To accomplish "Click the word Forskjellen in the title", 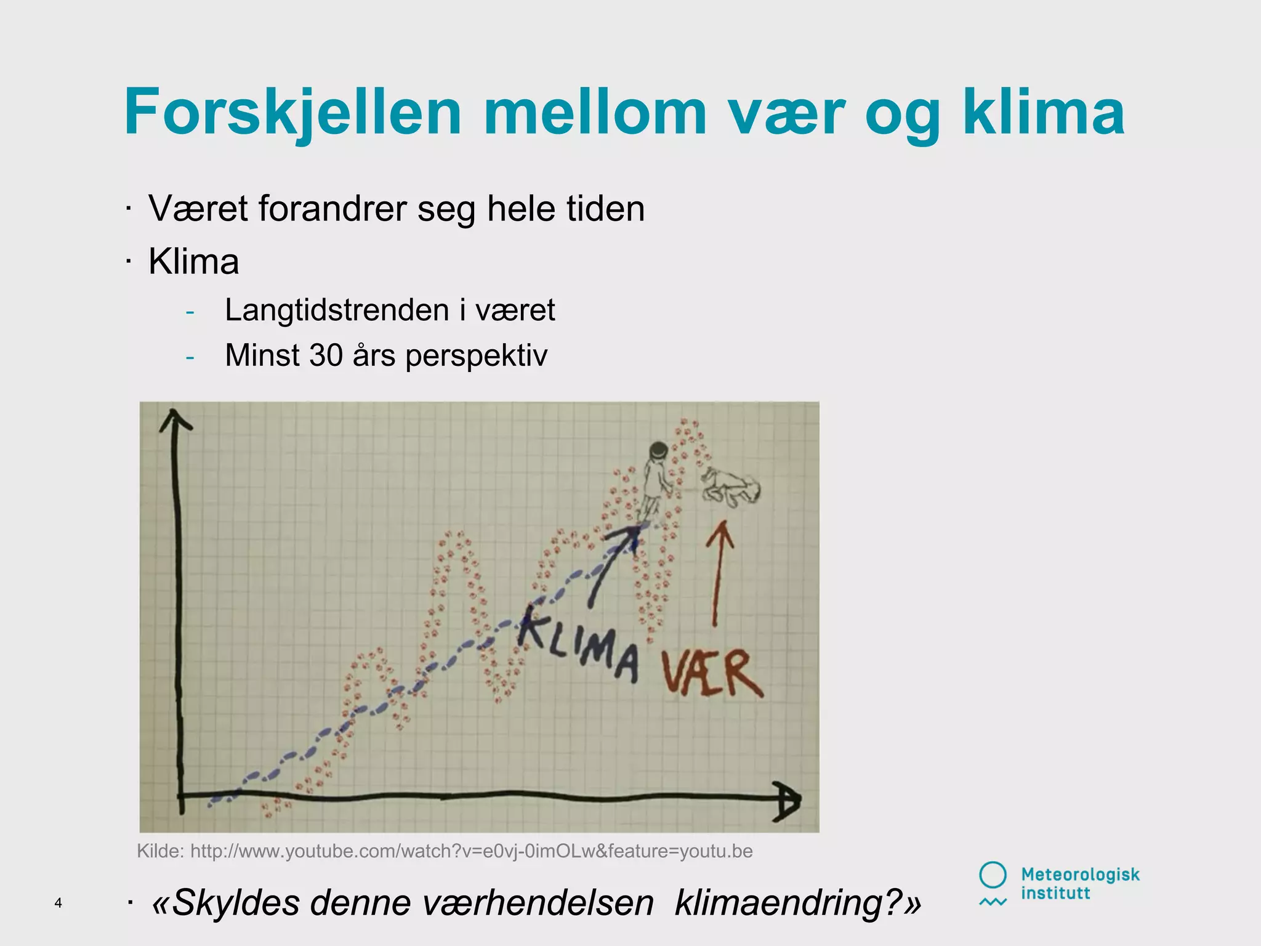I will [292, 113].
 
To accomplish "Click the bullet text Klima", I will [193, 262].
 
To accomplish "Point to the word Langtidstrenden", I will [336, 310].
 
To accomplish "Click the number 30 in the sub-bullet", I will [326, 355].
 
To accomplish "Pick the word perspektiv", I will [476, 356].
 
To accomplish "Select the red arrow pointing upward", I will [718, 573].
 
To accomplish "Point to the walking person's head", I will [658, 450].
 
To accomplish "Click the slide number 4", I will [58, 903].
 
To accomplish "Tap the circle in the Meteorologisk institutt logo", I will [993, 875].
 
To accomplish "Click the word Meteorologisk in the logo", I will [1080, 875].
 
